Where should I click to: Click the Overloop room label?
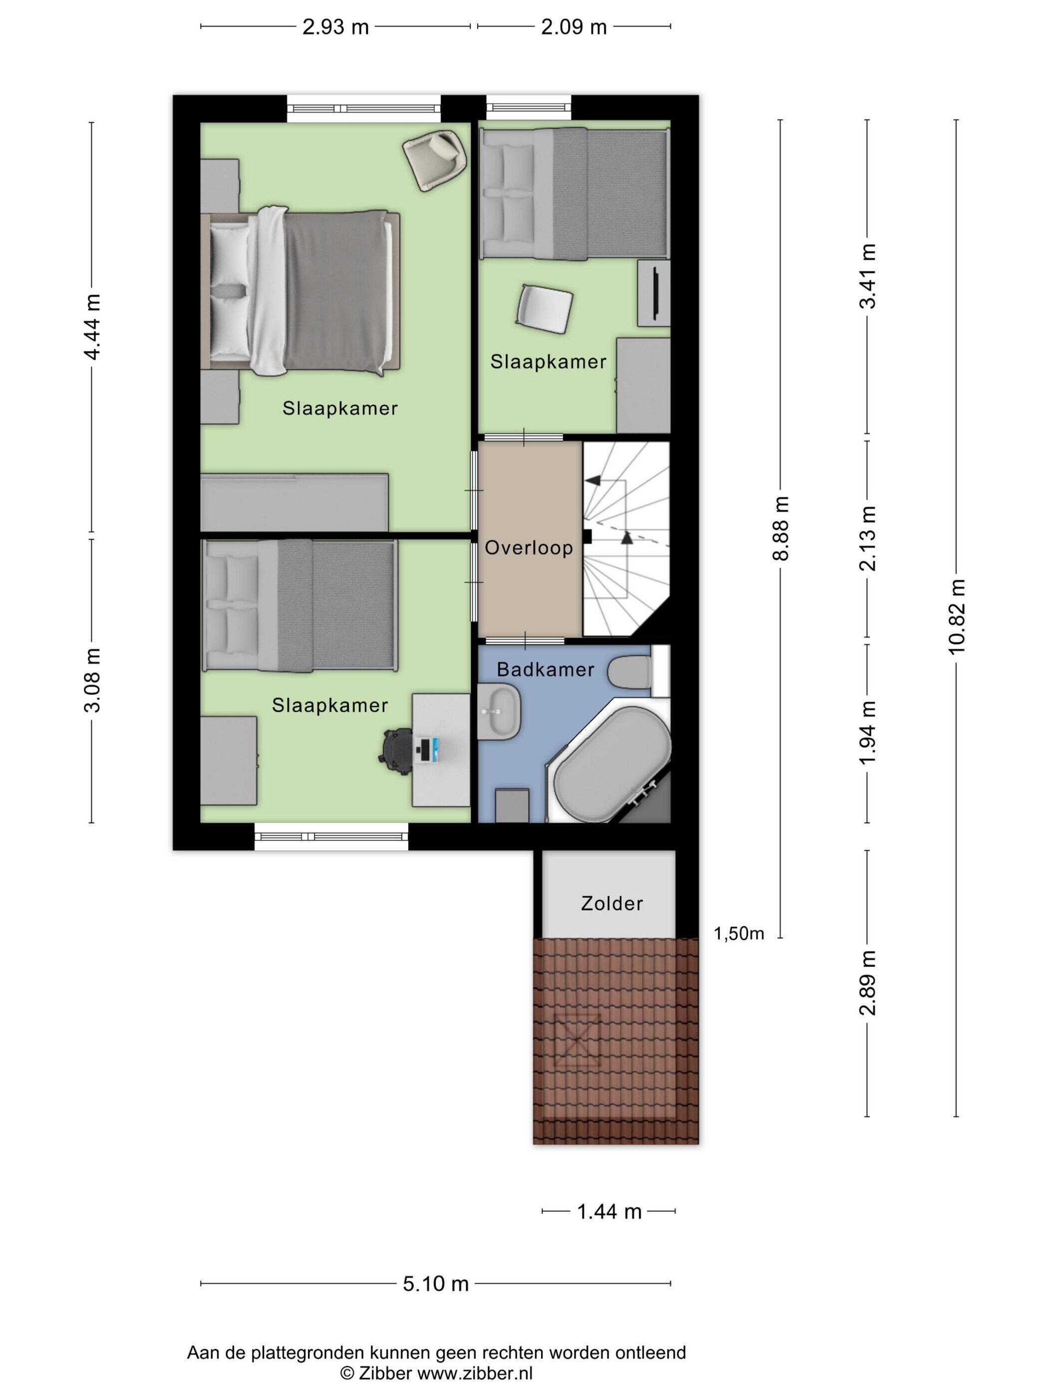[x=528, y=547]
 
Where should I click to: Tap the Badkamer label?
[x=545, y=670]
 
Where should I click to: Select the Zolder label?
[x=611, y=904]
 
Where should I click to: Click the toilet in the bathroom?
[x=637, y=671]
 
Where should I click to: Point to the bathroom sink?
[x=499, y=712]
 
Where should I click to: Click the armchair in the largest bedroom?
[x=435, y=159]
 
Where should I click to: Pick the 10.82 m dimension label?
[x=956, y=616]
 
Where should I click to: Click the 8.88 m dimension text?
[x=781, y=529]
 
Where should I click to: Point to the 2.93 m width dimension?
[x=335, y=27]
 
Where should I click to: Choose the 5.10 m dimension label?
[x=436, y=1284]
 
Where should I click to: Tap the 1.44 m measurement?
[x=609, y=1212]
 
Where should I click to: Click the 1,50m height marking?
[x=739, y=934]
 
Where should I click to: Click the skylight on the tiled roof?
[x=577, y=1041]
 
